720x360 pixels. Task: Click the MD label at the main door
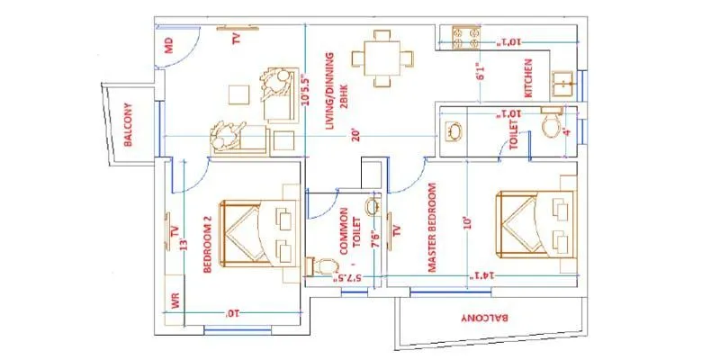[x=168, y=45]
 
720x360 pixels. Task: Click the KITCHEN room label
[x=529, y=78]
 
